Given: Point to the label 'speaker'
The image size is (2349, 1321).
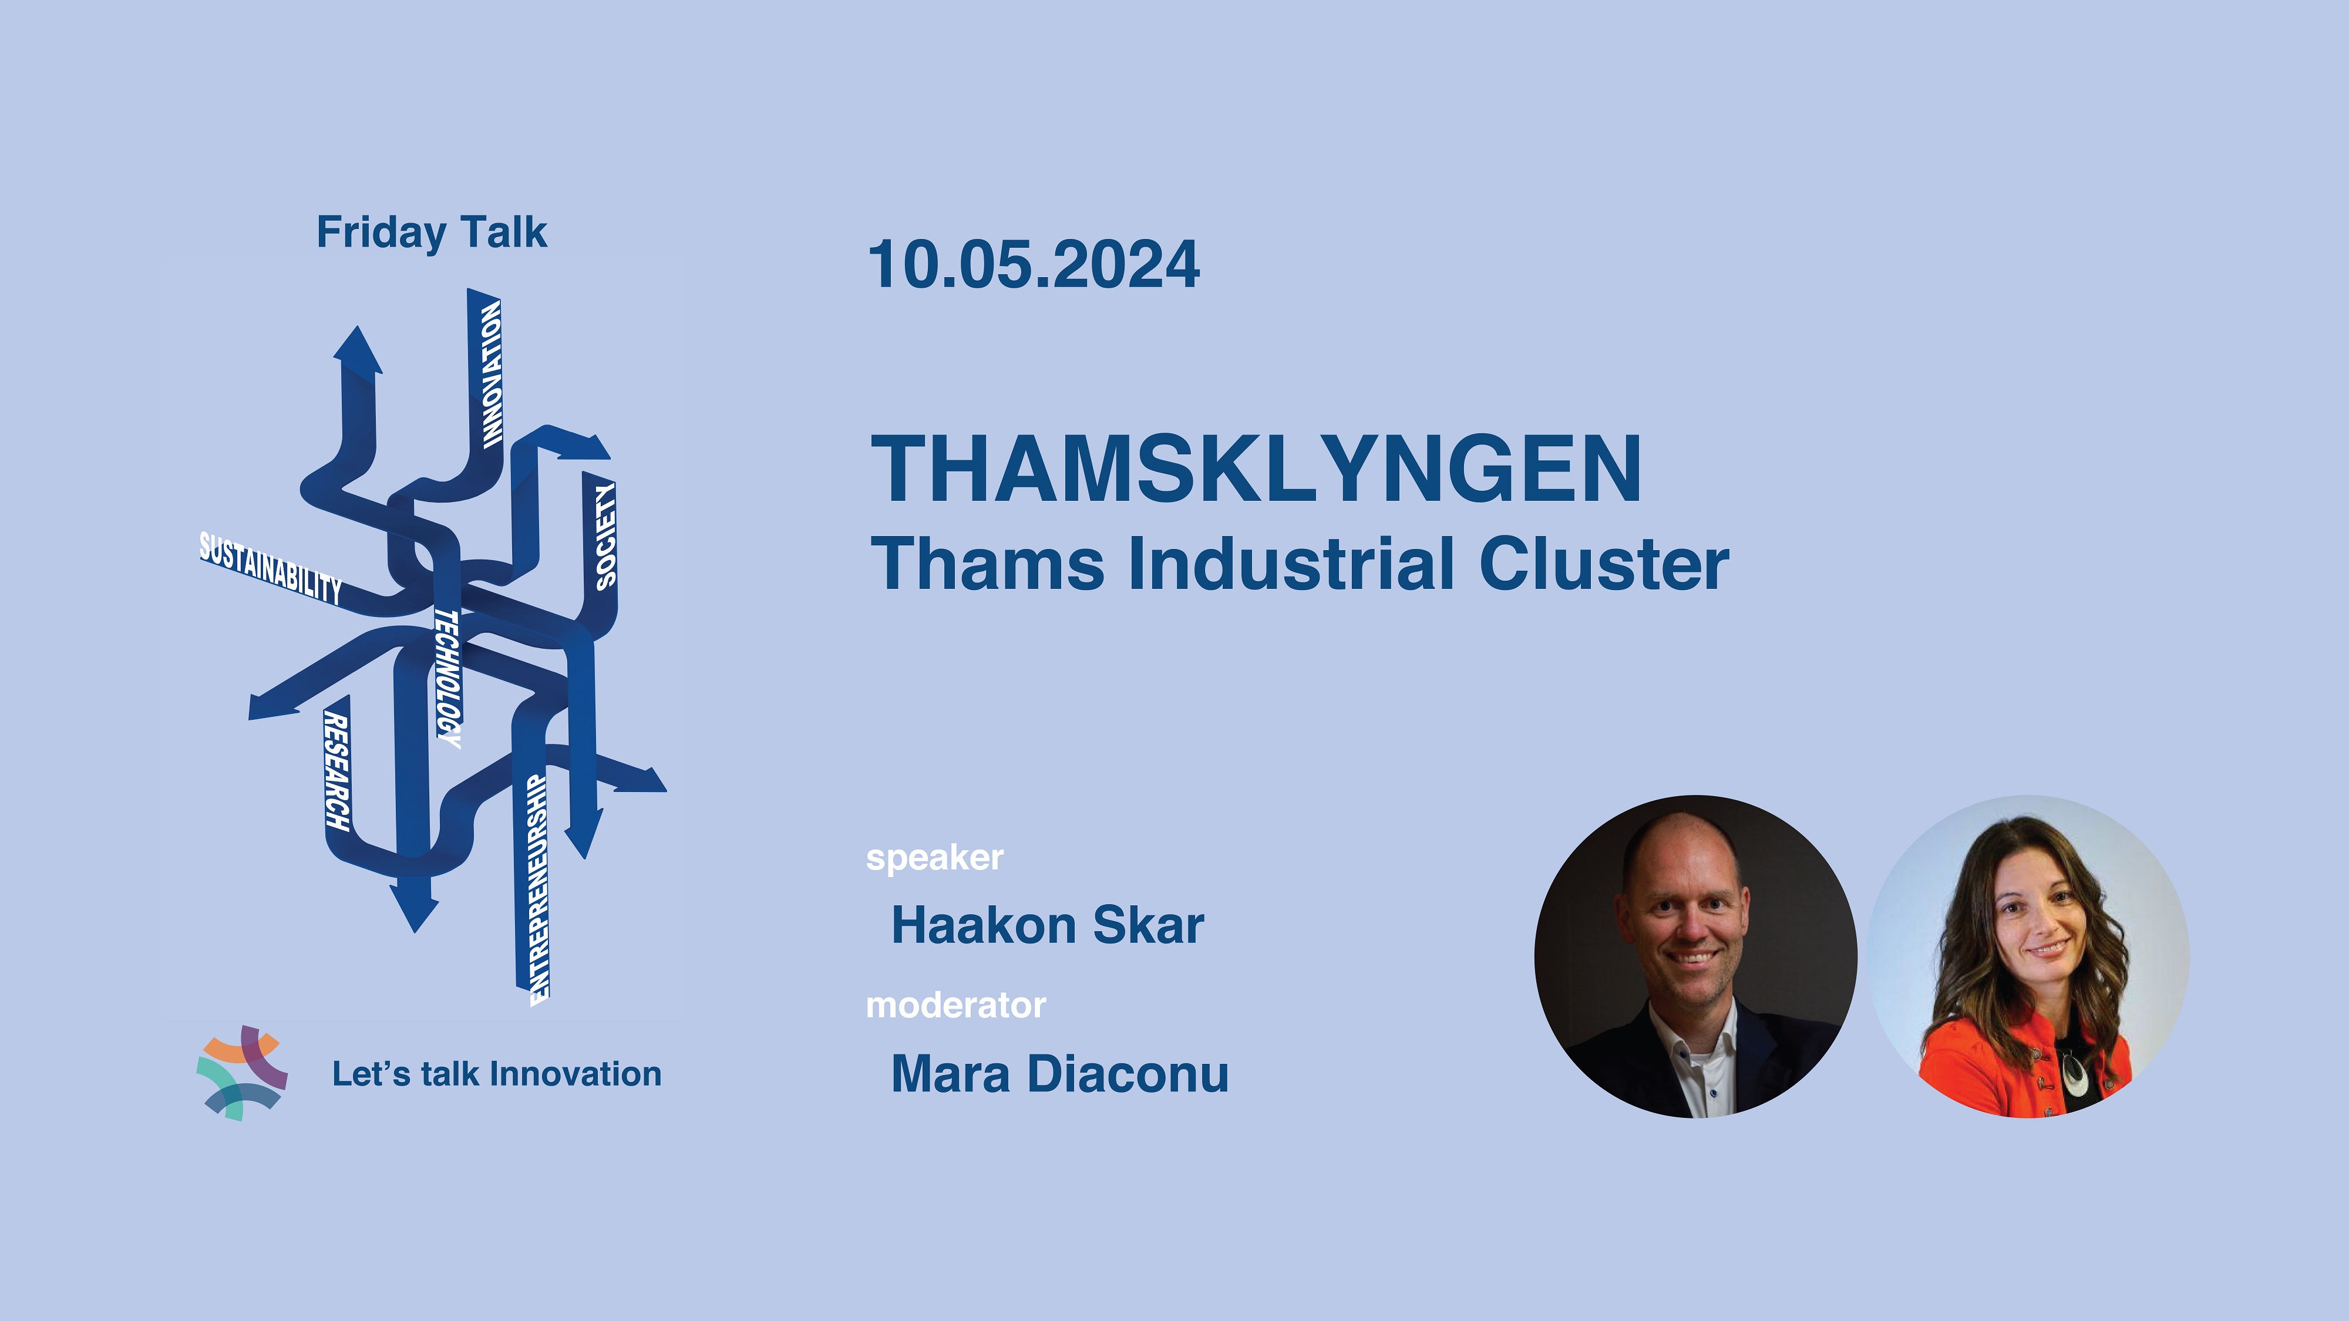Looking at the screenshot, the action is click(x=935, y=858).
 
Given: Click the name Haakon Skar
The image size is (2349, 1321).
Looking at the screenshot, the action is click(x=1048, y=925).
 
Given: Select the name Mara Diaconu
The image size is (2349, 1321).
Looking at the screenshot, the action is click(x=1059, y=1073).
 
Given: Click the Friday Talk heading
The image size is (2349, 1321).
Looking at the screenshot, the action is click(x=431, y=232).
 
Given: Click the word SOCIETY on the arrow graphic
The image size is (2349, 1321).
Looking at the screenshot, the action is click(x=605, y=536).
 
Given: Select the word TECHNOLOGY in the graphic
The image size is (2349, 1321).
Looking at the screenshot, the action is click(x=447, y=679).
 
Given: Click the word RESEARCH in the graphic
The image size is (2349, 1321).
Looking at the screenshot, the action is click(x=336, y=772).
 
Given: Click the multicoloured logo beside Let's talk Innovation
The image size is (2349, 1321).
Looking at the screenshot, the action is click(x=241, y=1073).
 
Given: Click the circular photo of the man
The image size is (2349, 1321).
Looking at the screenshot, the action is click(x=1696, y=956).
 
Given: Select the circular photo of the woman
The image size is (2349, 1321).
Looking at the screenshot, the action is click(x=2029, y=956).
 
